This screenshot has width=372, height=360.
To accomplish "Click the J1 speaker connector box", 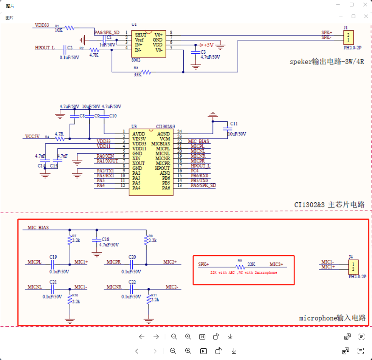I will click(348, 38).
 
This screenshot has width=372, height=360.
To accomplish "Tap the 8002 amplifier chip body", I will click(149, 44).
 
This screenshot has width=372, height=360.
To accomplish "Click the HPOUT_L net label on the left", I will click(45, 48).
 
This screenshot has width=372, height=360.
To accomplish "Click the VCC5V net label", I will click(32, 136).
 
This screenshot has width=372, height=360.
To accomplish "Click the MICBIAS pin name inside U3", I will click(160, 144).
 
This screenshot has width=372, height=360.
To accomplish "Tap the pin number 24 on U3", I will click(180, 132).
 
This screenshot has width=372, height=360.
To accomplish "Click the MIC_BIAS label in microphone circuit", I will click(38, 228).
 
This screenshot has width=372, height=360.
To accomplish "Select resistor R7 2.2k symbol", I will click(70, 240).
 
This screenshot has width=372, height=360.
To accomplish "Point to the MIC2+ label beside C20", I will click(170, 262).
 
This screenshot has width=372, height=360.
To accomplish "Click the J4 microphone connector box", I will click(353, 267).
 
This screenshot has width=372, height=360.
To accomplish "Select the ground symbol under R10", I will click(70, 320).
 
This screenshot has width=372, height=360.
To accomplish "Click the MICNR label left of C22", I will click(114, 287).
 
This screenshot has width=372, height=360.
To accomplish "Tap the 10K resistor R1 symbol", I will click(70, 28).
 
